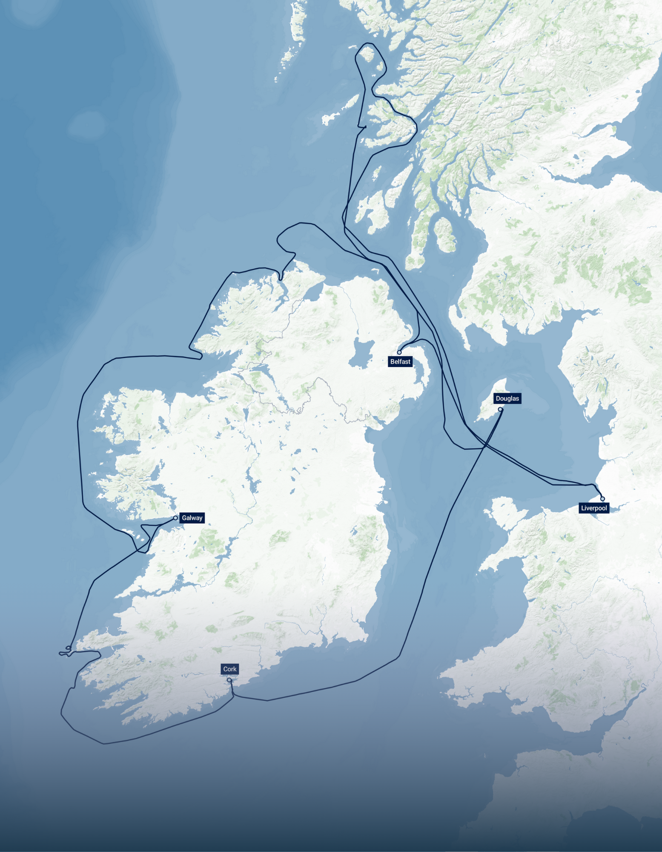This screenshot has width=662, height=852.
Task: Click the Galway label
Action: (192, 518)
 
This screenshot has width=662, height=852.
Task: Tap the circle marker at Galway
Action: (175, 518)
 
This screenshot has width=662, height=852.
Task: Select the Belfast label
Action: (400, 362)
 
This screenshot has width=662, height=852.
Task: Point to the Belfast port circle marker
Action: (399, 352)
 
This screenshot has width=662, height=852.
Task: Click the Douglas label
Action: (507, 398)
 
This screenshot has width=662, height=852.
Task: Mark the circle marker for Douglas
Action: (500, 409)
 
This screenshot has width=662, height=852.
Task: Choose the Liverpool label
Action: (594, 508)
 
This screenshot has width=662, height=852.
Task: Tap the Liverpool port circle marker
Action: (602, 499)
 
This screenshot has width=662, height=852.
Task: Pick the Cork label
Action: (230, 669)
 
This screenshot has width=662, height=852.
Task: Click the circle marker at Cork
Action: (229, 680)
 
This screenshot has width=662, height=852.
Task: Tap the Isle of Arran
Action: (444, 234)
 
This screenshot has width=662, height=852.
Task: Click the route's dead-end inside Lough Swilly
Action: (281, 279)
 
